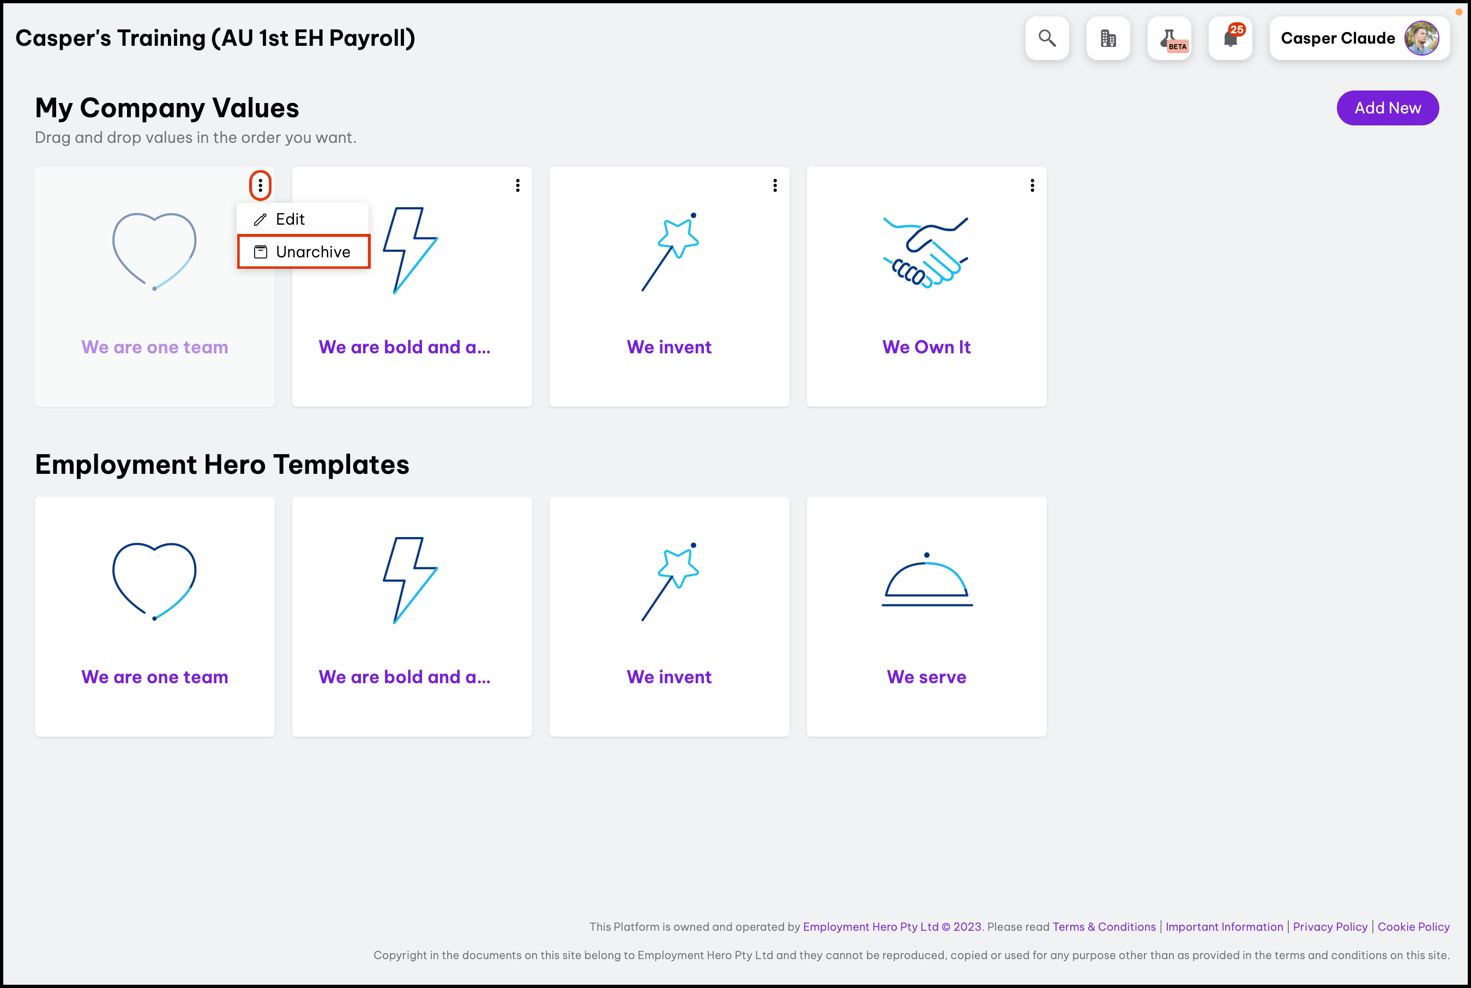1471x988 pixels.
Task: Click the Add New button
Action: coord(1387,108)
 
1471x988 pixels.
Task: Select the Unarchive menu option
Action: coord(303,252)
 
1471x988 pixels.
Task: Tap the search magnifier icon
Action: coord(1047,38)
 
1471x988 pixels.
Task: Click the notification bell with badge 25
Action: coord(1231,38)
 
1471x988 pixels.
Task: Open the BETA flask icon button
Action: coord(1169,38)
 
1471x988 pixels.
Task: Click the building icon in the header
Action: coord(1108,38)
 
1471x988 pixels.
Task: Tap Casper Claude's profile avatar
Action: coord(1421,38)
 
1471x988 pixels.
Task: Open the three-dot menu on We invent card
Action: coord(775,185)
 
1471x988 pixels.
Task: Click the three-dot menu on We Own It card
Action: coord(1032,185)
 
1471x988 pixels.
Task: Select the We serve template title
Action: coord(926,677)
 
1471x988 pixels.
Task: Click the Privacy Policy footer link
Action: coord(1330,926)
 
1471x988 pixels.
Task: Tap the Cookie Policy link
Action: coord(1413,926)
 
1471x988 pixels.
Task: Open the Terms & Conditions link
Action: coord(1104,926)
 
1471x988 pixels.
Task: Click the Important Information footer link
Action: coord(1224,926)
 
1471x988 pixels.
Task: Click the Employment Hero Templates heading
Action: coord(222,465)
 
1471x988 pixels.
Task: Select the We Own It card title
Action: coord(926,347)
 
